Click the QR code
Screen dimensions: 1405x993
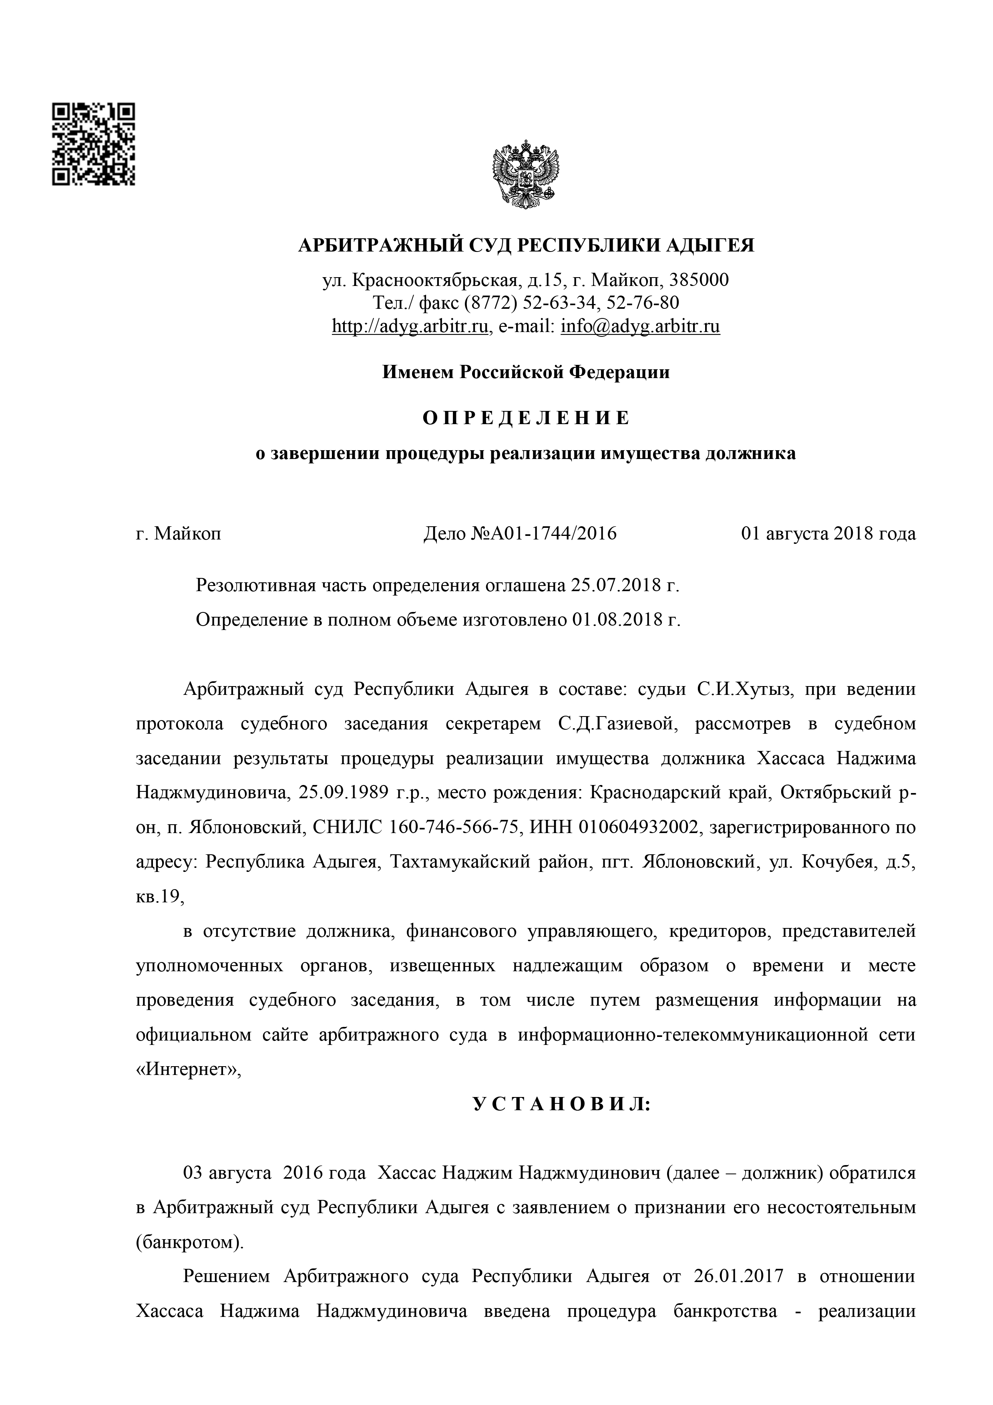(93, 145)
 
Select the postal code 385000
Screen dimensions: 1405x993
(700, 280)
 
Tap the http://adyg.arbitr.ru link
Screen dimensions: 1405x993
(410, 327)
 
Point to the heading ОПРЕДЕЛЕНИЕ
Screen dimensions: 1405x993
(526, 418)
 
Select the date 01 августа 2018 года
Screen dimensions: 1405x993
(828, 533)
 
